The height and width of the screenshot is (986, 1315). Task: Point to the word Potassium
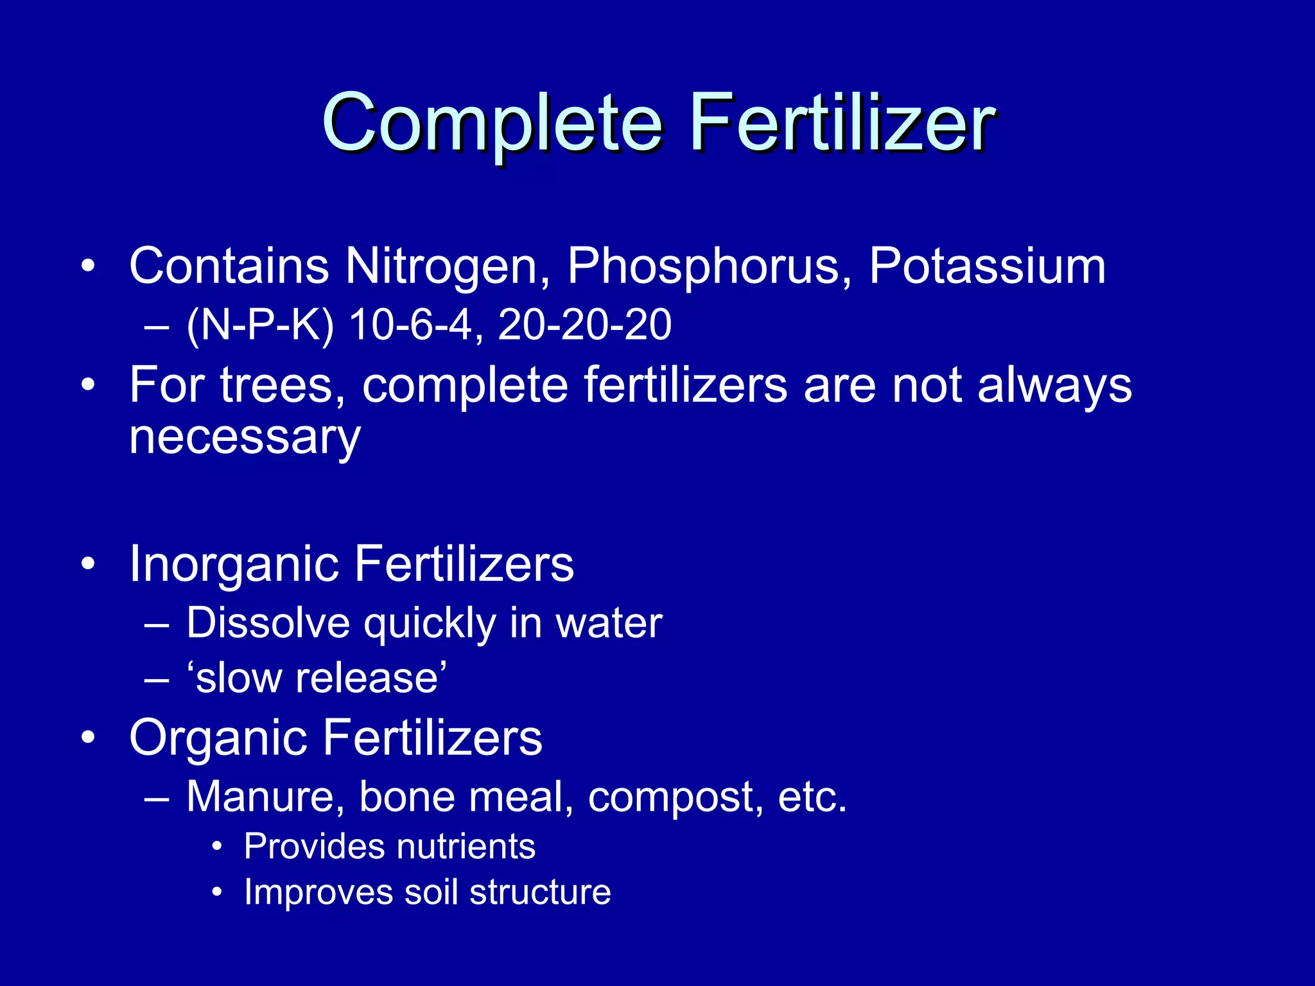987,266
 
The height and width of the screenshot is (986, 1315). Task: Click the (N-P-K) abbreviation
260,324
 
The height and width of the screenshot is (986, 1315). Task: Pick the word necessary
245,438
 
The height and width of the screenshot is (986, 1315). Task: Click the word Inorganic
234,564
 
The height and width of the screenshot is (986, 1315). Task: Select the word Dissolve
268,623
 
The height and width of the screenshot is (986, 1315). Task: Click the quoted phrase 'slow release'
317,678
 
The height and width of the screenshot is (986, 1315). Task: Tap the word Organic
218,738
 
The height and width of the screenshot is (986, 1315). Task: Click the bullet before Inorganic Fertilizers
89,564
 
